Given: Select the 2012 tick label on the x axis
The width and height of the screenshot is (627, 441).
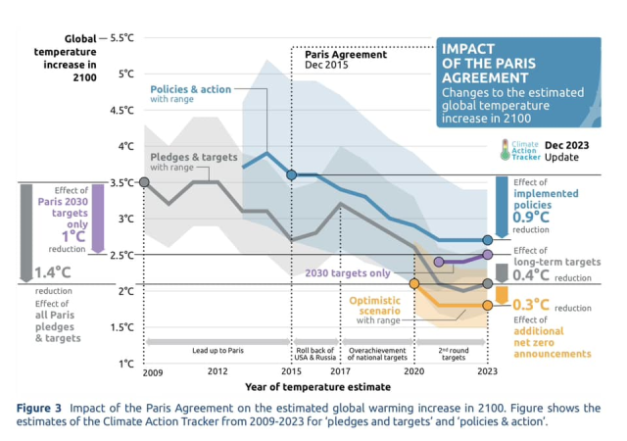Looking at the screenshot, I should [217, 373].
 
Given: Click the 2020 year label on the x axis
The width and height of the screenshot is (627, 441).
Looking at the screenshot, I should [413, 373].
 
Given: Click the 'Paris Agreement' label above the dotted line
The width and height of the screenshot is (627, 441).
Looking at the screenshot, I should [341, 54].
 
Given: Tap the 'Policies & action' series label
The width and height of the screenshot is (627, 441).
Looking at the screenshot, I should [190, 88].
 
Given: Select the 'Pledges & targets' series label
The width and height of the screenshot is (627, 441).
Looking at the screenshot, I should [194, 157].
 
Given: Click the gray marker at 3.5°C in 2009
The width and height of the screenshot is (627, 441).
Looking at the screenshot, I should [145, 182].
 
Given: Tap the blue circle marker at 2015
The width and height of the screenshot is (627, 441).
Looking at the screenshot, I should [292, 174].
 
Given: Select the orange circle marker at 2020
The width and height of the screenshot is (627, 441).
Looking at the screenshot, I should [413, 284].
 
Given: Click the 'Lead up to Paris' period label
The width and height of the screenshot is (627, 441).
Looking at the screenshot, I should [217, 349].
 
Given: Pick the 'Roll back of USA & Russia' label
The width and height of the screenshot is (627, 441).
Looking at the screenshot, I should [315, 353].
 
